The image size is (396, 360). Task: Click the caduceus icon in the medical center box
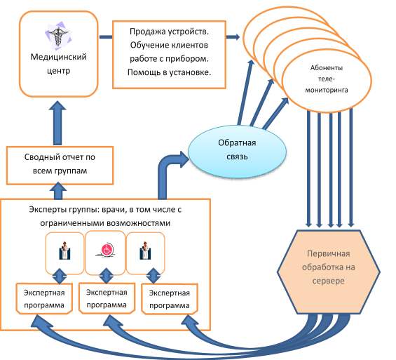(57, 36)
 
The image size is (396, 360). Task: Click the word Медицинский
(59, 57)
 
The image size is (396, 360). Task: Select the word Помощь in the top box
(142, 72)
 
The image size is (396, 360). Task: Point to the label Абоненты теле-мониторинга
(327, 79)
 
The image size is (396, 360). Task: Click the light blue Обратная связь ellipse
(237, 152)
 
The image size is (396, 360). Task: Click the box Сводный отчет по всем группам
(60, 166)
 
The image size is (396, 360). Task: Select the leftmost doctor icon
(64, 251)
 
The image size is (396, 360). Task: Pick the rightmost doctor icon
(145, 251)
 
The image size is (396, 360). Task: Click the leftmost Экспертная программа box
(44, 298)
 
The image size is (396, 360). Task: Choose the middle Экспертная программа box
(107, 298)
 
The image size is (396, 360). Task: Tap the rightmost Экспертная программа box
(170, 299)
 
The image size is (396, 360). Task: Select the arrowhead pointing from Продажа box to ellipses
(236, 37)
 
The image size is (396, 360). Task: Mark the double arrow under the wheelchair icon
(107, 276)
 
